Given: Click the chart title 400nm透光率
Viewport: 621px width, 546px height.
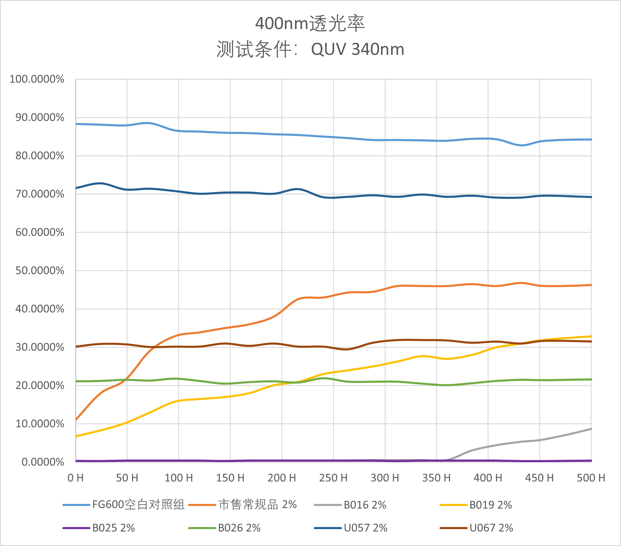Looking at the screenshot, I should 310,24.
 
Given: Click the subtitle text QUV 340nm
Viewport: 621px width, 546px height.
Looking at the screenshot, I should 358,49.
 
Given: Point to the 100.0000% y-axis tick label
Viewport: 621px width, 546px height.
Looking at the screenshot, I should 37,79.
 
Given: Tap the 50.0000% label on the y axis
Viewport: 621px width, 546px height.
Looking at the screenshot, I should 40,271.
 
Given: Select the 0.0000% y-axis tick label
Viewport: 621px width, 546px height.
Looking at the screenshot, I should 43,462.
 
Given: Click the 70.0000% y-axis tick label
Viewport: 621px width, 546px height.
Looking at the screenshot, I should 40,194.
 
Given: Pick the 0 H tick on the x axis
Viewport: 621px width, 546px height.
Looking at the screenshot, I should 75,478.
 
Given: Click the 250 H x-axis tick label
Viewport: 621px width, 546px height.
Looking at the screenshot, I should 333,478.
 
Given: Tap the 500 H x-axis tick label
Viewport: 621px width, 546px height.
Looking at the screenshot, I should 591,478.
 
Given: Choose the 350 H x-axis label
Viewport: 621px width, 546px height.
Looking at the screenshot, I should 436,478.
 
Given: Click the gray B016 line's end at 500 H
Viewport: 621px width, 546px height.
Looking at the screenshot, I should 591,429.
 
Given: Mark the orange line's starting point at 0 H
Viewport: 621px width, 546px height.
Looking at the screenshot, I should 76,420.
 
